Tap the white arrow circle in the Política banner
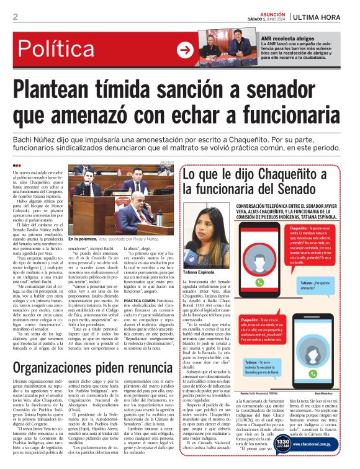pyautogui.click(x=184, y=50)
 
